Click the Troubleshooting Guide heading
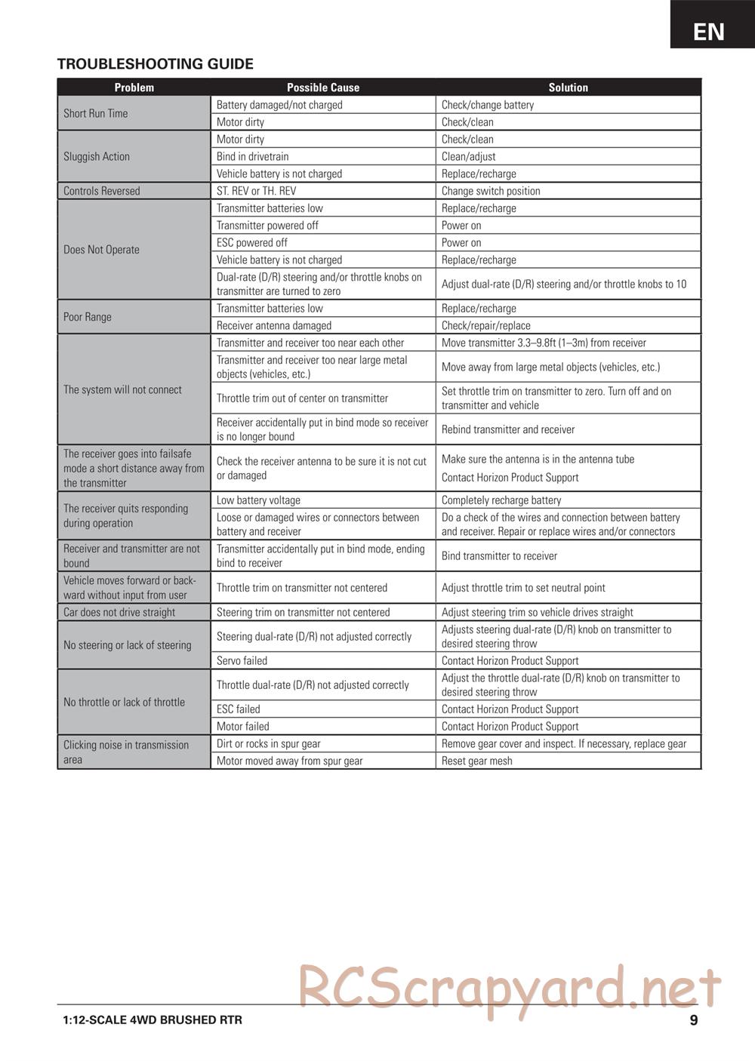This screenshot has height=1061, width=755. [155, 64]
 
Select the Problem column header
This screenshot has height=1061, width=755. [134, 88]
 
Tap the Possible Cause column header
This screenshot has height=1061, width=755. [322, 88]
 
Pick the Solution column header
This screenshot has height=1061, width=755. [568, 88]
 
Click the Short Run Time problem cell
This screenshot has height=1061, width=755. [96, 113]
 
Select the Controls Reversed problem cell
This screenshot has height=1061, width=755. [102, 191]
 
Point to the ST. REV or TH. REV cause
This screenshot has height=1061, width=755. [256, 191]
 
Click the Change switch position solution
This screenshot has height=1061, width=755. [491, 191]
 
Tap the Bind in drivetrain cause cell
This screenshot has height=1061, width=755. [252, 156]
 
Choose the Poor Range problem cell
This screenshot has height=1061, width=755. [88, 317]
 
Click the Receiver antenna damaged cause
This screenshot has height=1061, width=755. [274, 326]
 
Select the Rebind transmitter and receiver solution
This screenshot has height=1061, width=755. [508, 429]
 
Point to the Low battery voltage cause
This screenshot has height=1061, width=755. [258, 500]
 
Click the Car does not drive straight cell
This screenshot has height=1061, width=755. [119, 613]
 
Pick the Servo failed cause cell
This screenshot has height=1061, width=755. [242, 661]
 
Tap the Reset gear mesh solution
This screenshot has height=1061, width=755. [476, 761]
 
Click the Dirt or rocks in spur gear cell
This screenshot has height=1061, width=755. [268, 744]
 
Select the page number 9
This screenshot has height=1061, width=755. [693, 1020]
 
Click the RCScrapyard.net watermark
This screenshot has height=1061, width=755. [510, 989]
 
